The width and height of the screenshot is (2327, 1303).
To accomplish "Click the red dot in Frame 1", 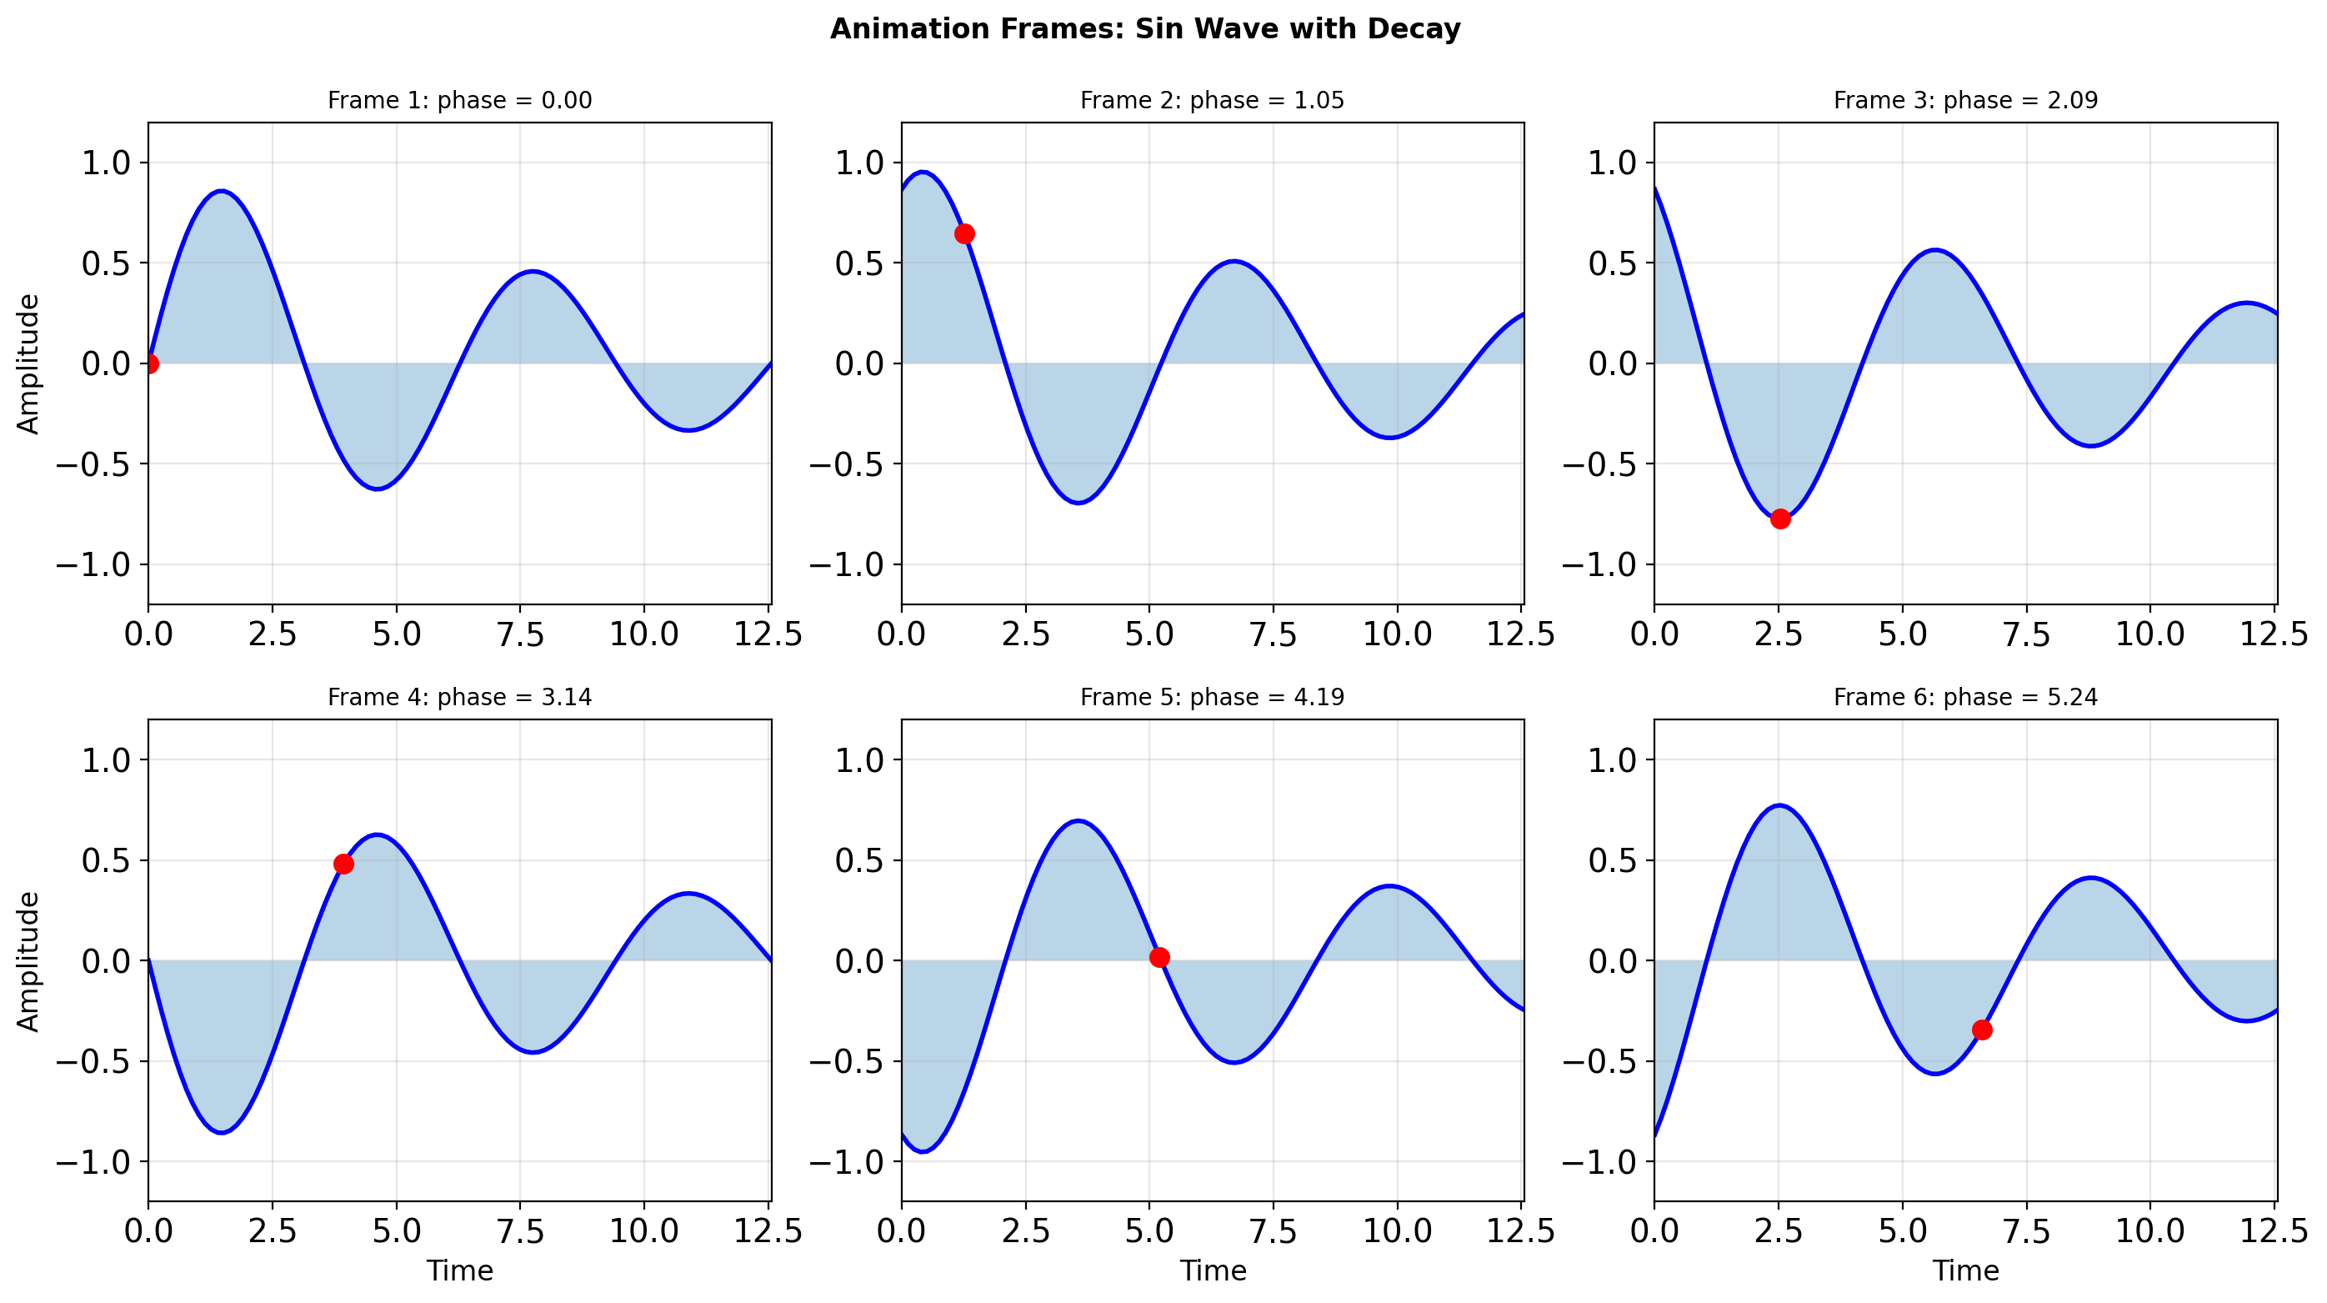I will (x=150, y=364).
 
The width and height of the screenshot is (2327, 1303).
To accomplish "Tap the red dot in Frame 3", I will (x=1779, y=519).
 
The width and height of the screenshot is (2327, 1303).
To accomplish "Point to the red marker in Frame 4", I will (x=343, y=864).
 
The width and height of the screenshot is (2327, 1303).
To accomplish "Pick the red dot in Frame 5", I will (x=1159, y=957).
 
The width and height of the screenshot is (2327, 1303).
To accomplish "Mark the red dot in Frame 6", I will (x=1981, y=1030).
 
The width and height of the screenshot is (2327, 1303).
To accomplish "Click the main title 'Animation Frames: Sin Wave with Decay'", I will (x=1144, y=29).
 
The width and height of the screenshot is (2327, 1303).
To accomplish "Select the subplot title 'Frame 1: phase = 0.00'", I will (x=459, y=100).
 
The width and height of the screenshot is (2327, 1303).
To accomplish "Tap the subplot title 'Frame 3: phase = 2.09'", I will (x=1964, y=100).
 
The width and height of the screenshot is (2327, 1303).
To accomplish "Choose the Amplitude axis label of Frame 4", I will (x=29, y=960).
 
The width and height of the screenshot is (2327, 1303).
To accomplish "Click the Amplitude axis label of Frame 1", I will (x=29, y=364).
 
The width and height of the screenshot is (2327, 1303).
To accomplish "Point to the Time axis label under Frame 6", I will (x=1964, y=1270).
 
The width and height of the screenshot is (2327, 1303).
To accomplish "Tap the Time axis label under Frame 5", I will (x=1213, y=1270).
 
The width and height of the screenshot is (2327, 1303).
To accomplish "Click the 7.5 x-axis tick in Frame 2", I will (x=1273, y=634).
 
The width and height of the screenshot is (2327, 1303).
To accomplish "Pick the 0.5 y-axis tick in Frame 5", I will (x=858, y=860).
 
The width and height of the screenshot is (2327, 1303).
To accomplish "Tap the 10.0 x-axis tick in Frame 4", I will (x=643, y=1230).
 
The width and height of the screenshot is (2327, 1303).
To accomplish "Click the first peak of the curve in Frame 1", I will (x=222, y=192).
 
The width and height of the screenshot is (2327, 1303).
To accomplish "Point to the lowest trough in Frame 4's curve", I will (x=222, y=1132).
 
